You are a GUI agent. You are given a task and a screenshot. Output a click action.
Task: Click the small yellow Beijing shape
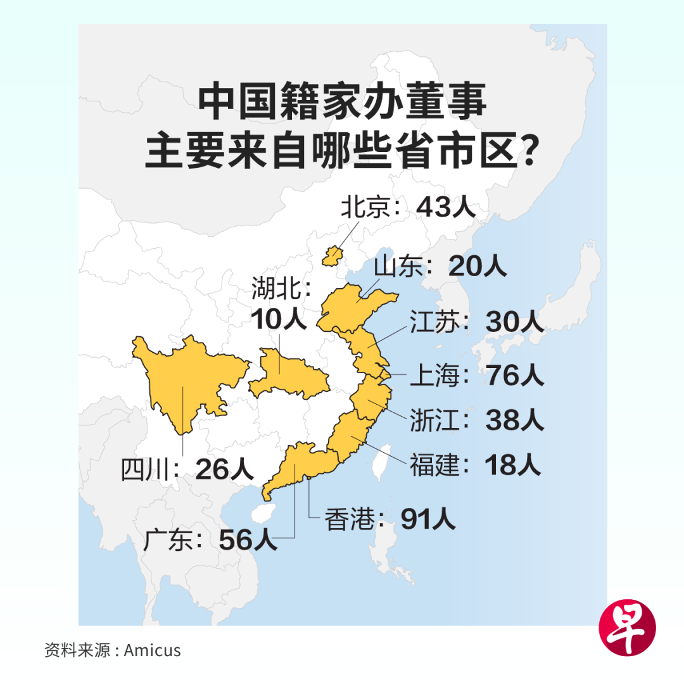[x=331, y=256]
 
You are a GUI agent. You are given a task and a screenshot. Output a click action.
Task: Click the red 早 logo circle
[x=627, y=627]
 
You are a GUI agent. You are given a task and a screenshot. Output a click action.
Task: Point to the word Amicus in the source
[x=152, y=650]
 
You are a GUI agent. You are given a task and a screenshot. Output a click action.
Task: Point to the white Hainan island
[x=261, y=513]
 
